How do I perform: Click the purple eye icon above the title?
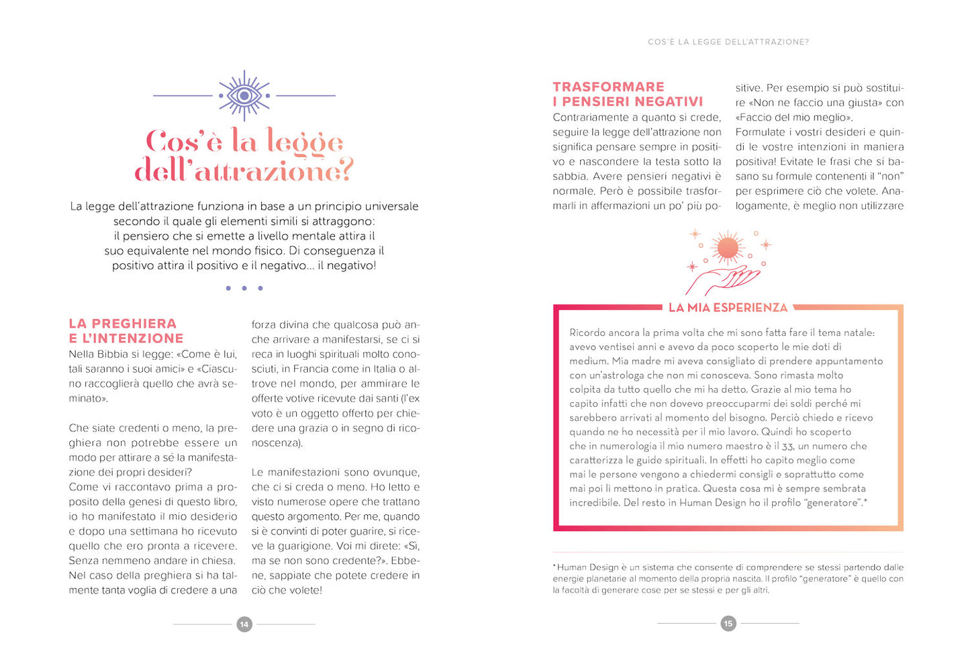tap(244, 95)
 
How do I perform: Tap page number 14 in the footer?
tap(244, 624)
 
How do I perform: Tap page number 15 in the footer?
tap(728, 624)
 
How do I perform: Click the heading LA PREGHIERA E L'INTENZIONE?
tap(126, 331)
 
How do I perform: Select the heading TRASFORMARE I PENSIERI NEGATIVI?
tap(628, 94)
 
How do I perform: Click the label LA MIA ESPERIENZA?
tap(728, 308)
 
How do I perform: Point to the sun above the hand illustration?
tap(728, 248)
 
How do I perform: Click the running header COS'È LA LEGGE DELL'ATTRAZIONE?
tap(728, 42)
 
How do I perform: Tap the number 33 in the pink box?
tap(788, 446)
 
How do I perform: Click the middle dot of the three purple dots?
tap(244, 288)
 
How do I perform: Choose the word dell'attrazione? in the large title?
tap(244, 171)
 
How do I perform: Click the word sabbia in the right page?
tap(570, 177)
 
